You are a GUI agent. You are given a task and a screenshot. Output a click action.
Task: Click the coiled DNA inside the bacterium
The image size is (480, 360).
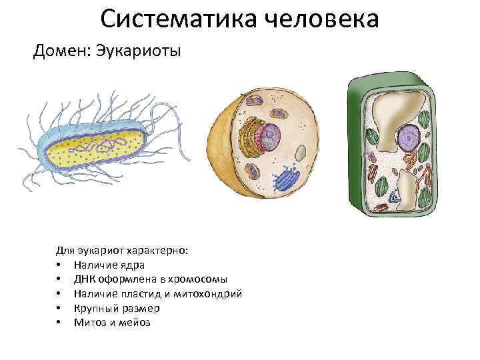pos(100,143)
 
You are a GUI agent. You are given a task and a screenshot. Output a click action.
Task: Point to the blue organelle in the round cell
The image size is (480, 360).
pos(287,179)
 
